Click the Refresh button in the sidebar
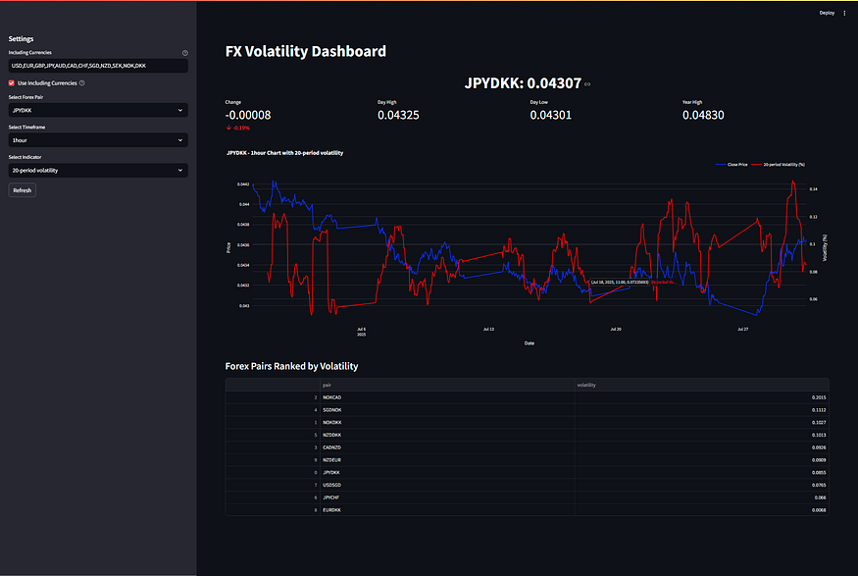click(x=22, y=190)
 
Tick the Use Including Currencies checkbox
click(x=12, y=83)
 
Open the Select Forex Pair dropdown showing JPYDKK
click(x=98, y=111)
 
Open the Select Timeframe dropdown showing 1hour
click(x=98, y=140)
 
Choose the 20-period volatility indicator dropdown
click(x=98, y=171)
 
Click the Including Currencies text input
click(x=98, y=66)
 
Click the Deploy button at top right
click(x=827, y=13)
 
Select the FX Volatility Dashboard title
click(x=305, y=52)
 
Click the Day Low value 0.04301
click(x=550, y=116)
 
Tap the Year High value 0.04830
click(x=702, y=116)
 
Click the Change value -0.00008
click(x=248, y=116)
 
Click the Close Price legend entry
click(x=736, y=165)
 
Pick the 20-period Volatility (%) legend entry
click(x=783, y=165)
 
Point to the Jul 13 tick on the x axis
click(x=489, y=330)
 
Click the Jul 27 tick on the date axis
click(x=742, y=330)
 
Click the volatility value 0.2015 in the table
click(x=818, y=396)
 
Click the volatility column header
click(x=586, y=385)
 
